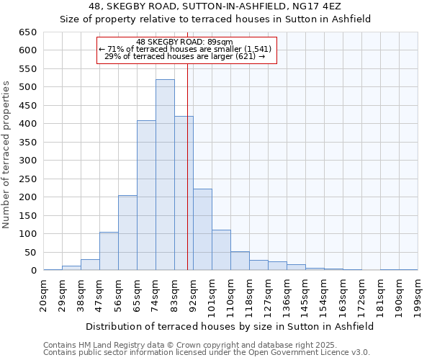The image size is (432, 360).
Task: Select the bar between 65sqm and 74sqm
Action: (x=146, y=195)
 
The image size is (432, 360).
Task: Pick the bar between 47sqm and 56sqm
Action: (x=109, y=251)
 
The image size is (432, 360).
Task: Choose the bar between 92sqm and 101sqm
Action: (x=202, y=230)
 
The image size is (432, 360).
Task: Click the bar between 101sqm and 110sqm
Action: (x=221, y=250)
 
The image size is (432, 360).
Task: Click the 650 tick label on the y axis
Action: (x=27, y=32)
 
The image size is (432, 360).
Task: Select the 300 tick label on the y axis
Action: (x=27, y=161)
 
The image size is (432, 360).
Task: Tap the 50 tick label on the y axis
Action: (x=30, y=253)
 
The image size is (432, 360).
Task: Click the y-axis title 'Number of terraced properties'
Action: (x=7, y=155)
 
